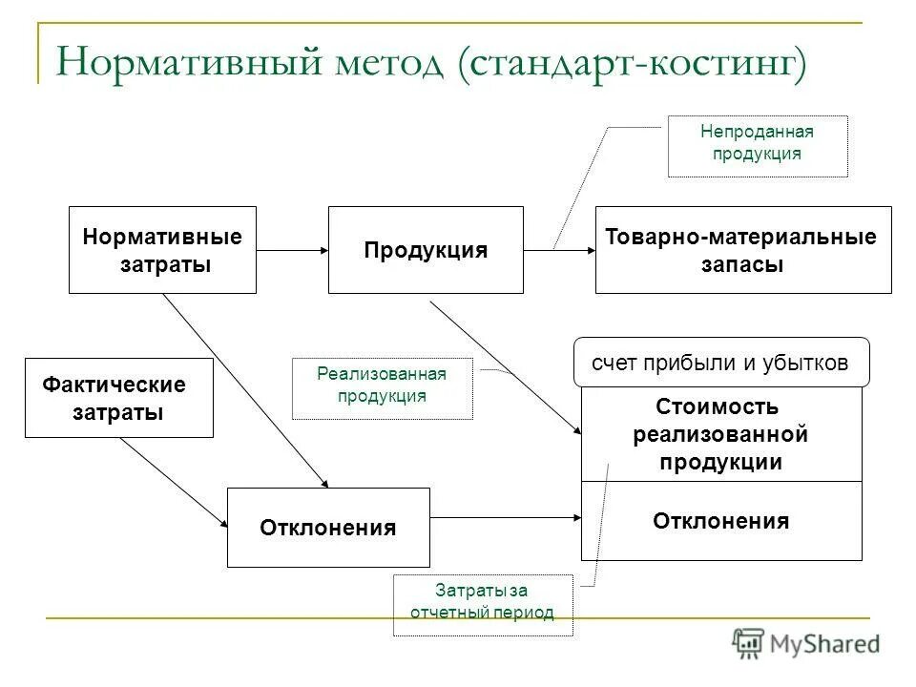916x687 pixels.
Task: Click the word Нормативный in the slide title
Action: coord(191,65)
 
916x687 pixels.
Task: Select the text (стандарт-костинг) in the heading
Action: coord(633,65)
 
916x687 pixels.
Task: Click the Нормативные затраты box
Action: coord(162,250)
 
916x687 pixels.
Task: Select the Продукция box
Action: coord(426,250)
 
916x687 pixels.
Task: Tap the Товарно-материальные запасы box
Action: coord(742,250)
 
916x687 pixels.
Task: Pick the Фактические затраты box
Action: coord(118,398)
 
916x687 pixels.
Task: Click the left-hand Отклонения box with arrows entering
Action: coord(328,528)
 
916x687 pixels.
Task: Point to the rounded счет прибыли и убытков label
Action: coord(720,362)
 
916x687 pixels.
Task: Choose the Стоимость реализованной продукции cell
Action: coord(720,434)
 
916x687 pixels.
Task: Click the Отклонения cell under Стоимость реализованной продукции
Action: coord(720,521)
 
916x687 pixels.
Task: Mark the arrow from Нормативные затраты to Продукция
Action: coord(291,250)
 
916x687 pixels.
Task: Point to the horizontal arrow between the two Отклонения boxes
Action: coord(506,518)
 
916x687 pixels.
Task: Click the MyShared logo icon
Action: coord(748,643)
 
